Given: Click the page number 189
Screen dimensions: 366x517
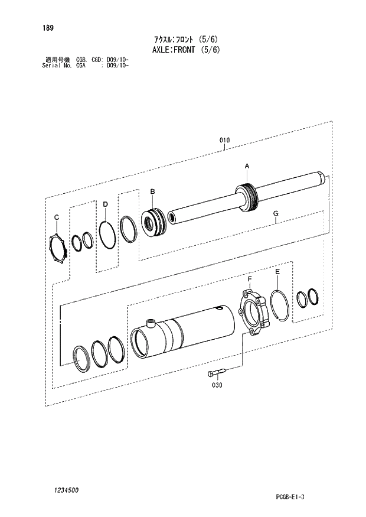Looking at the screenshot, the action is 48,28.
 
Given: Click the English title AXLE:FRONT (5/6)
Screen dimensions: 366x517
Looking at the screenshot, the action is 187,50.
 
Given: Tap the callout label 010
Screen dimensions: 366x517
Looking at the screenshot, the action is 225,140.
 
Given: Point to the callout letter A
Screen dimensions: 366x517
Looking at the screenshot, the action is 247,167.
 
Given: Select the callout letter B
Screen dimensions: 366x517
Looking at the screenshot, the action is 152,191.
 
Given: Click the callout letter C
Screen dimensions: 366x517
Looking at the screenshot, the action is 57,217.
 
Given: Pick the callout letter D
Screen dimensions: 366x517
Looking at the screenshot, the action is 105,204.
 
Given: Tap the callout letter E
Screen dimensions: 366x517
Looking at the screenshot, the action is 277,272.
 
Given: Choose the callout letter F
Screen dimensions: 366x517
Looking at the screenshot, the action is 250,279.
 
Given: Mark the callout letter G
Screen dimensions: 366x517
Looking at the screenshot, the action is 276,213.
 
